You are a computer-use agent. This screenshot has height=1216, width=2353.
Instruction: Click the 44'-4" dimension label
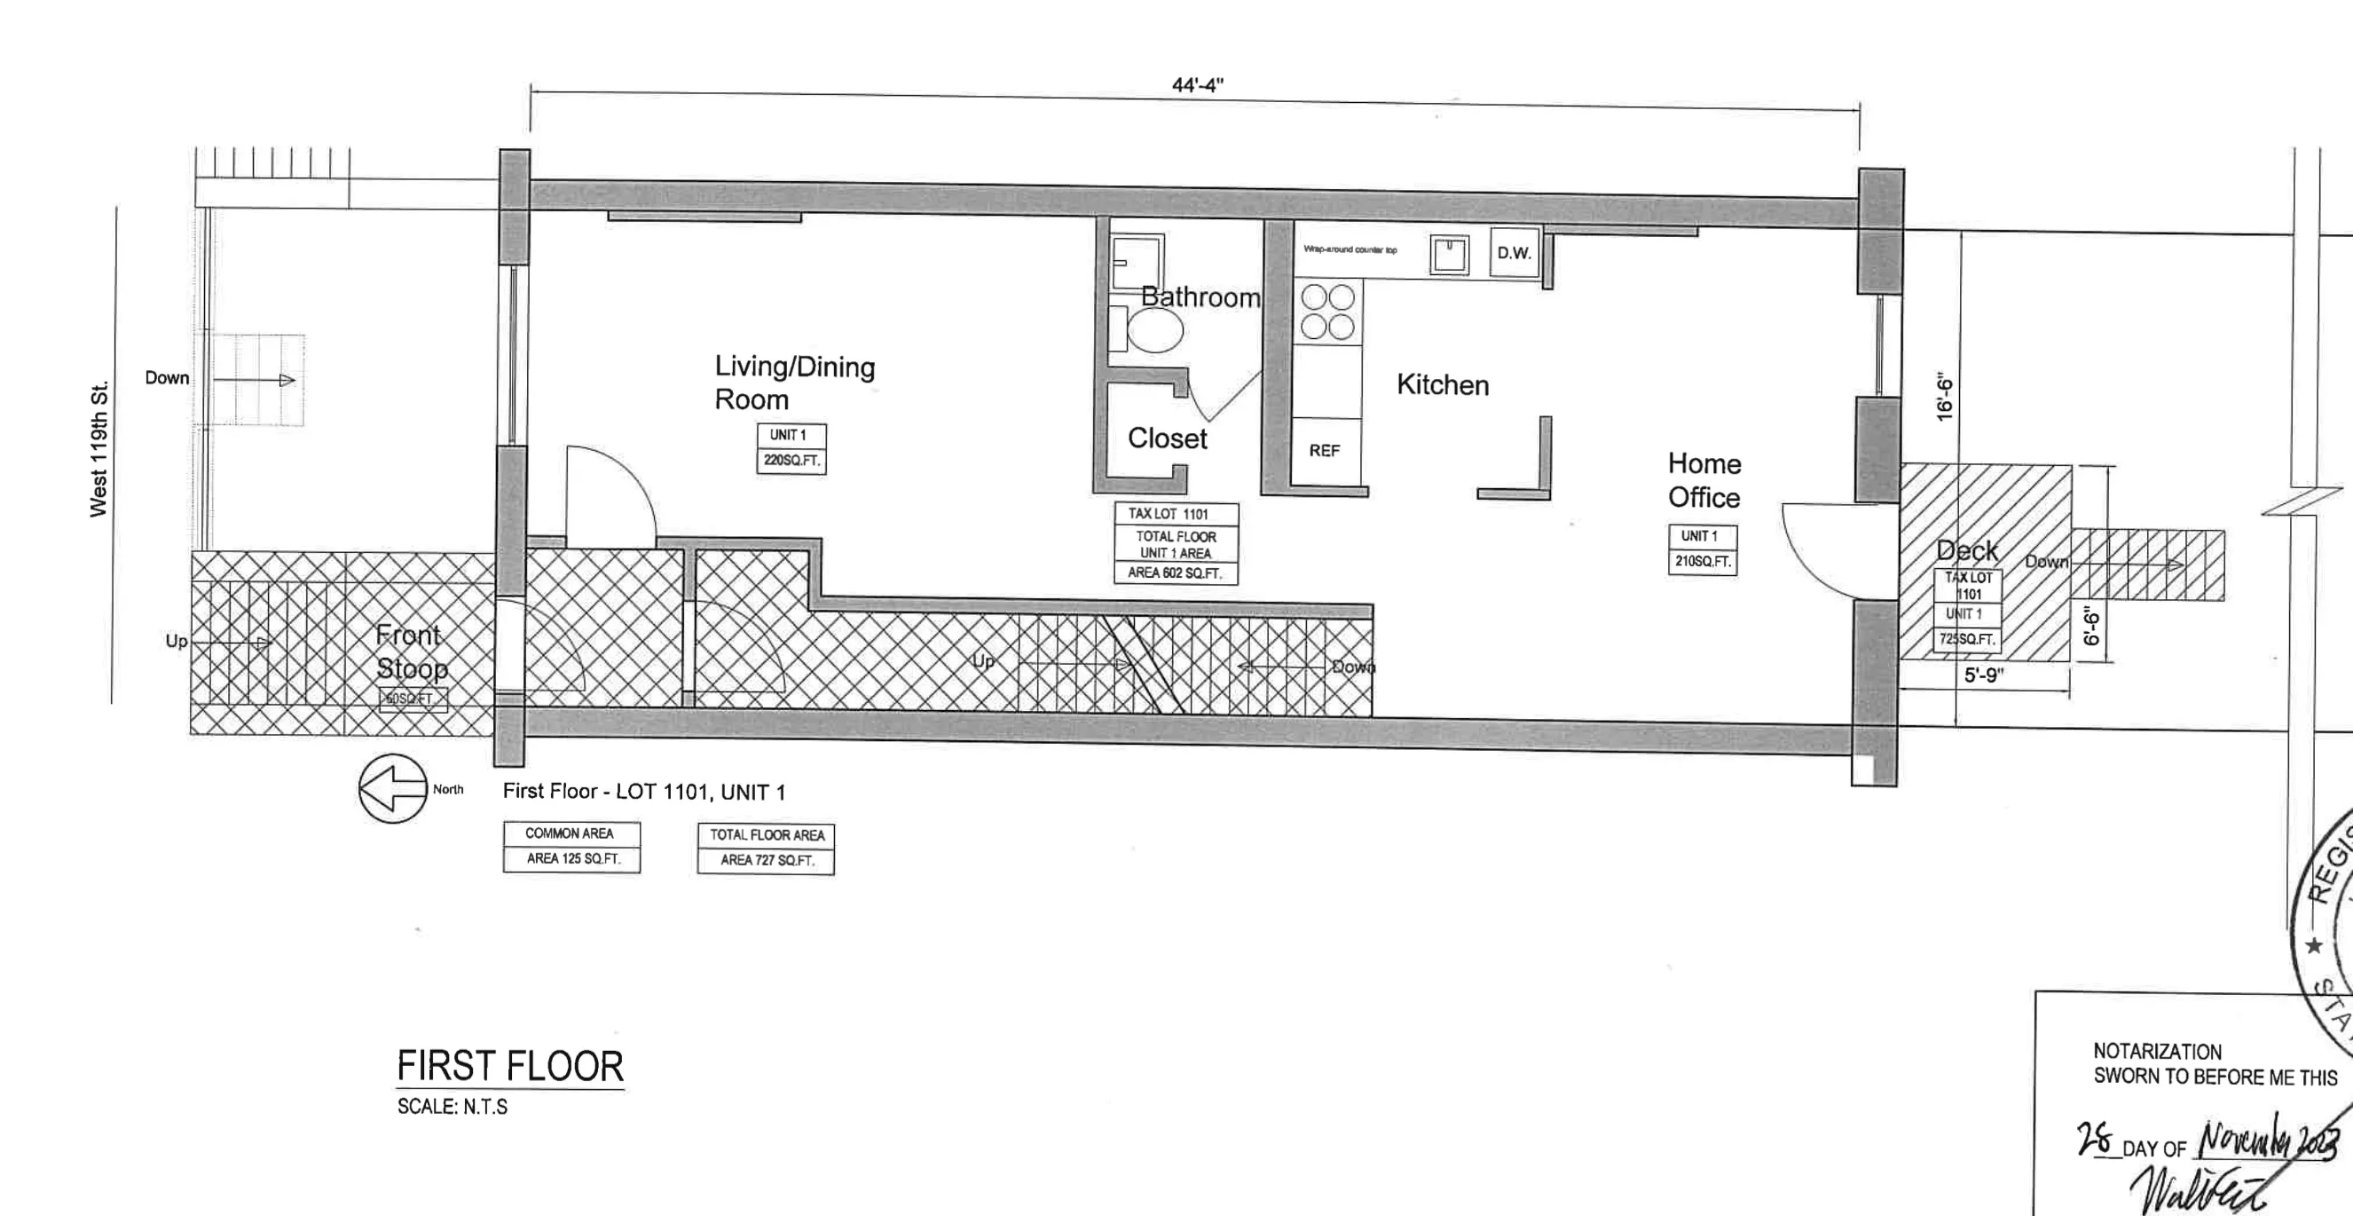tap(1197, 85)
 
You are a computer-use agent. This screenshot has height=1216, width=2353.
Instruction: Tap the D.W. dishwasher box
tap(1514, 253)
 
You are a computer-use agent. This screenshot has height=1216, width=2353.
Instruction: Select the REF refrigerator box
tap(1324, 450)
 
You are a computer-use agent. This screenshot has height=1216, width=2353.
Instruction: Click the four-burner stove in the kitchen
tap(1327, 312)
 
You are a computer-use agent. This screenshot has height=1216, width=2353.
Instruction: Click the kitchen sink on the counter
tap(1450, 254)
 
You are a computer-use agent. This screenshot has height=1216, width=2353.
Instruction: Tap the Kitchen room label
tap(1443, 384)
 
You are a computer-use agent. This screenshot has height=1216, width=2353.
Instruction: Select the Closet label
tap(1167, 438)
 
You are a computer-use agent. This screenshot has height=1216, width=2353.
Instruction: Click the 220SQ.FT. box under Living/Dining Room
tap(791, 461)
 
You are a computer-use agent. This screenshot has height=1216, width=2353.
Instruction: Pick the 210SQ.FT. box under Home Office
tap(1702, 561)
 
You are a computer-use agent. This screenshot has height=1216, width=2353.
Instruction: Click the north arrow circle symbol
tap(393, 787)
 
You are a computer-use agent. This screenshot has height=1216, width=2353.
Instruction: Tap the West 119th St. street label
tap(98, 448)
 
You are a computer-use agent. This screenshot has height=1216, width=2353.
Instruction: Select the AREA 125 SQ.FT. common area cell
tap(571, 859)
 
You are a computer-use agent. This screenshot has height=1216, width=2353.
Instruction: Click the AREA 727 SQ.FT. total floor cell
tap(766, 860)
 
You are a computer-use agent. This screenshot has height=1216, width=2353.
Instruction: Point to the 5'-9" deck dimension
tap(1983, 675)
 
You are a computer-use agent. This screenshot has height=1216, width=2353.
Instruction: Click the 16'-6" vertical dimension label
tap(1944, 399)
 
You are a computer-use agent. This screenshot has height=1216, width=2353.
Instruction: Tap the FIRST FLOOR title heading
tap(509, 1066)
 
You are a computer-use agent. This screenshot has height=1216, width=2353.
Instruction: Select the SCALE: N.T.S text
tap(452, 1106)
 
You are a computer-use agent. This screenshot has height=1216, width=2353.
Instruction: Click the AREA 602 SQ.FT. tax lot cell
tap(1175, 572)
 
